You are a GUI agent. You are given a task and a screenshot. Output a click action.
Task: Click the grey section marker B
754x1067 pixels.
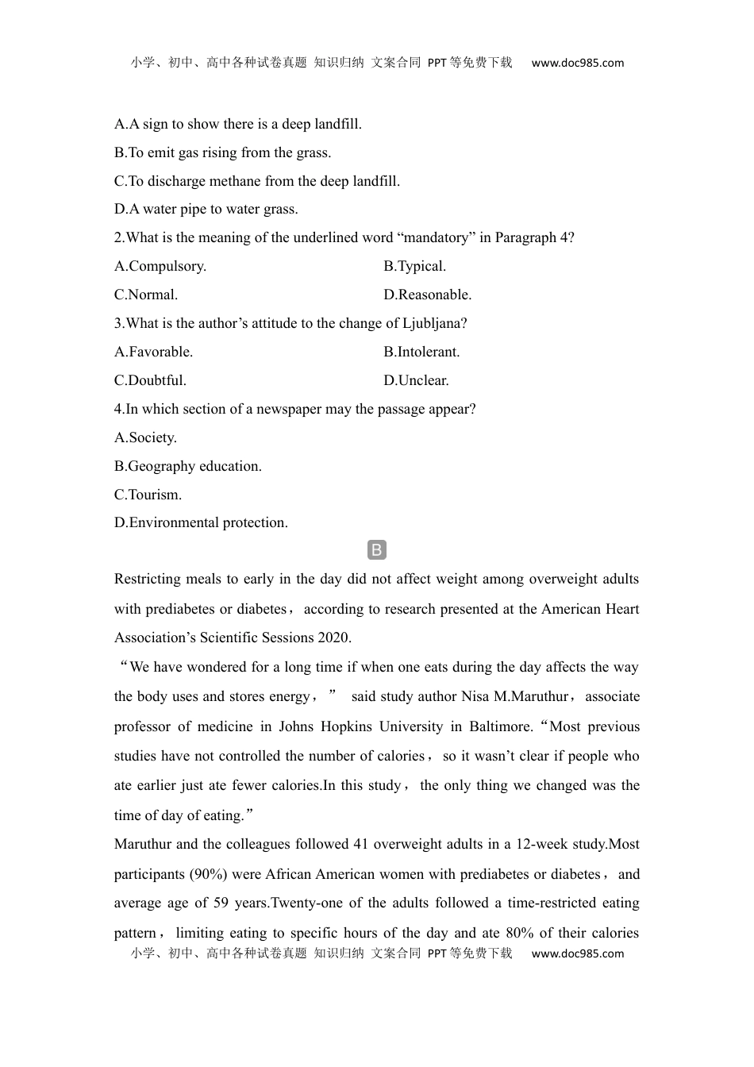[x=377, y=550]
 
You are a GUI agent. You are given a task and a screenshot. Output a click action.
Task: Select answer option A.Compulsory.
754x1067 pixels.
[x=160, y=267]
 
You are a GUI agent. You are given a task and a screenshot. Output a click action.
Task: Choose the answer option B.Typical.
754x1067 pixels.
[x=414, y=267]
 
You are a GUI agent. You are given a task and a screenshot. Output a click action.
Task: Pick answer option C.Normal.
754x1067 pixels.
[x=146, y=295]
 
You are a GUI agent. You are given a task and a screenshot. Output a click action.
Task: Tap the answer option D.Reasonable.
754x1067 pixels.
[x=427, y=295]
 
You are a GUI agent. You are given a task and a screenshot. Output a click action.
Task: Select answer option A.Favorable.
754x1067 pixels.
[x=154, y=352]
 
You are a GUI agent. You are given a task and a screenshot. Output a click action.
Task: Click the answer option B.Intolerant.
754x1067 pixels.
[x=421, y=352]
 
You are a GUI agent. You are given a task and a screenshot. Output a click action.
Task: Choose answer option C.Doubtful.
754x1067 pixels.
[x=151, y=381]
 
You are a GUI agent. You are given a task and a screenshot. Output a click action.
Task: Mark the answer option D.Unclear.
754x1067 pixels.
[x=416, y=381]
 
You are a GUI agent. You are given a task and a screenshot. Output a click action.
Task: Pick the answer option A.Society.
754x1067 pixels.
[x=146, y=438]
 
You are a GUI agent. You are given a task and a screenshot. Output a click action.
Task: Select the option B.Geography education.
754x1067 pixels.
[x=188, y=467]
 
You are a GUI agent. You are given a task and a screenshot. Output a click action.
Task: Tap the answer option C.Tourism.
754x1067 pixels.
[x=148, y=495]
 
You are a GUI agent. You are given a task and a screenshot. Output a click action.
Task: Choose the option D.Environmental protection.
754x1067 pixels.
[x=202, y=523]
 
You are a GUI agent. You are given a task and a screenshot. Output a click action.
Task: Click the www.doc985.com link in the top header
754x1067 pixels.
[x=578, y=64]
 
